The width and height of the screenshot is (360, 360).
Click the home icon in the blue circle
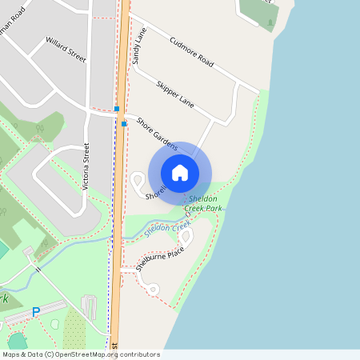click(180, 172)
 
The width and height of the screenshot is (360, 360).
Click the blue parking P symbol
click(35, 311)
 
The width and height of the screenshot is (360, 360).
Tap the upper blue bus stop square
click(117, 109)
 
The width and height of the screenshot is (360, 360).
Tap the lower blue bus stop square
click(124, 123)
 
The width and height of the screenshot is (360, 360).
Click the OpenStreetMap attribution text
click(80, 354)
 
